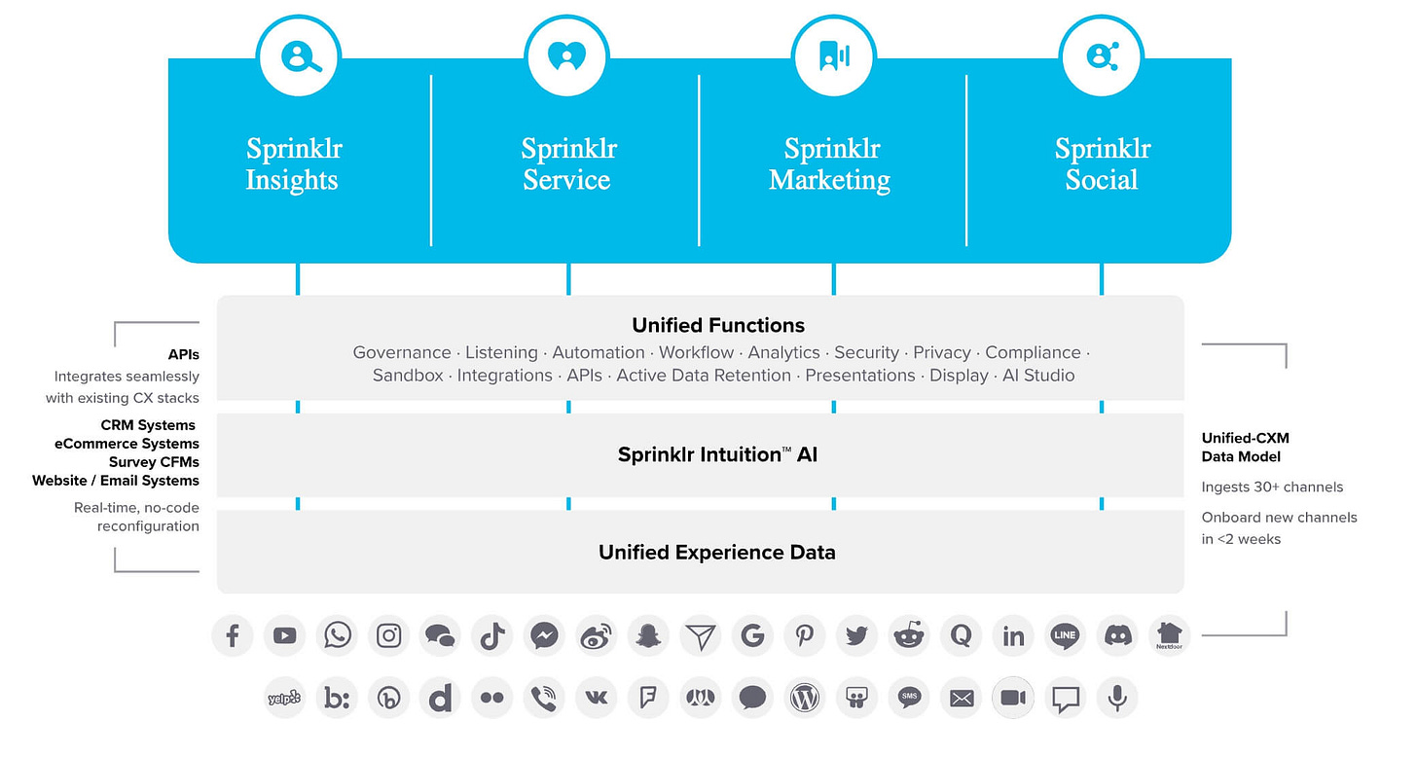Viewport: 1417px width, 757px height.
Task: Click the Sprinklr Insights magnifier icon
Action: (x=299, y=56)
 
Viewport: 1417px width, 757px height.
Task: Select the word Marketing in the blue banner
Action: (x=829, y=180)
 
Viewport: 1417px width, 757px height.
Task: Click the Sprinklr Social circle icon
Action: (x=1101, y=56)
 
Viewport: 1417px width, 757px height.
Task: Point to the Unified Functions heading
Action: (x=718, y=325)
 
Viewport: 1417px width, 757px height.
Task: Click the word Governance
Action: (x=402, y=352)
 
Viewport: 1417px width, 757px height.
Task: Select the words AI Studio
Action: (x=1038, y=376)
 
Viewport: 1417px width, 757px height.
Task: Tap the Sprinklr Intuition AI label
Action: (x=717, y=454)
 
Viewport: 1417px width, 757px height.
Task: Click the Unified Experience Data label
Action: (x=716, y=553)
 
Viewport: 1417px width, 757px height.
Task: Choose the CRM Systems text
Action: (x=148, y=425)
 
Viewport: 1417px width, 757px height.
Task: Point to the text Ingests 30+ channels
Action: (x=1272, y=487)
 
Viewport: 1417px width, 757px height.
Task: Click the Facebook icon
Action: (x=233, y=636)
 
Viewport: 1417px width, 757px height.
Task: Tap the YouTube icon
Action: (x=284, y=636)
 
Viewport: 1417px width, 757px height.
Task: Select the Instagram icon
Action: (x=389, y=636)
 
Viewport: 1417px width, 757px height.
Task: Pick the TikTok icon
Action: (x=492, y=636)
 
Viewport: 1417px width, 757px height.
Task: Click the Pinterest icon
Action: (x=805, y=636)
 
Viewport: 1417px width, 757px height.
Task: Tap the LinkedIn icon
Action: (x=1013, y=636)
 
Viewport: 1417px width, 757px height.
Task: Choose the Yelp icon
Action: (x=284, y=698)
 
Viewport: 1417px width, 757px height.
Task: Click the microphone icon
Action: (x=1117, y=698)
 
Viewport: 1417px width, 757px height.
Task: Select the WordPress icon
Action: (x=805, y=698)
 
